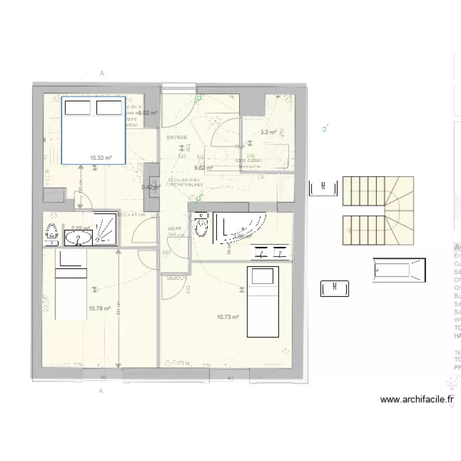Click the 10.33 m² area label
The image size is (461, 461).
tap(100, 158)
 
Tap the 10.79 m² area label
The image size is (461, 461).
tap(99, 309)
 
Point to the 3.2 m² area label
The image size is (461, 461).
tap(267, 132)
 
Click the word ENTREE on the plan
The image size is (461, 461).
tap(177, 137)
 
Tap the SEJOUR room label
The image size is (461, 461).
tap(176, 278)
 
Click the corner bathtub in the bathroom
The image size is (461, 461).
tap(240, 227)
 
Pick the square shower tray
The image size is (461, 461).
tap(105, 229)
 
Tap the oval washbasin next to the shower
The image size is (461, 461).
tap(78, 237)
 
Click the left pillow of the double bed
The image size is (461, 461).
tap(78, 108)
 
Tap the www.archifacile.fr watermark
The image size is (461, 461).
tap(417, 400)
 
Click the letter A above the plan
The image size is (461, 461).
tap(101, 73)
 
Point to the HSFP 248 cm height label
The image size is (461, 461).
tap(176, 232)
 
